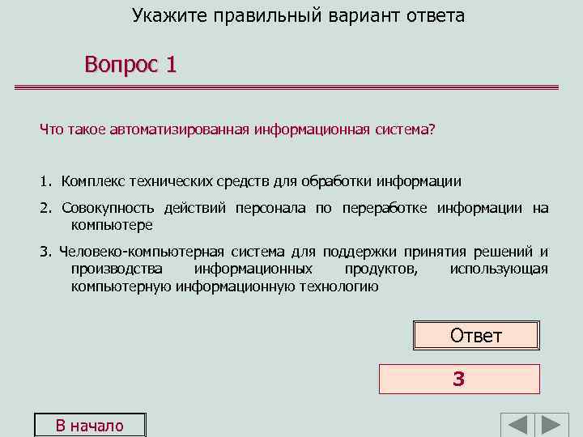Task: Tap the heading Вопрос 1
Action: point(130,65)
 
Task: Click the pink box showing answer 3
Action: point(458,379)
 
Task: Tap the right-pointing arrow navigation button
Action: point(554,426)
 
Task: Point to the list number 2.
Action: point(45,208)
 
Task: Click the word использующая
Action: point(499,269)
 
